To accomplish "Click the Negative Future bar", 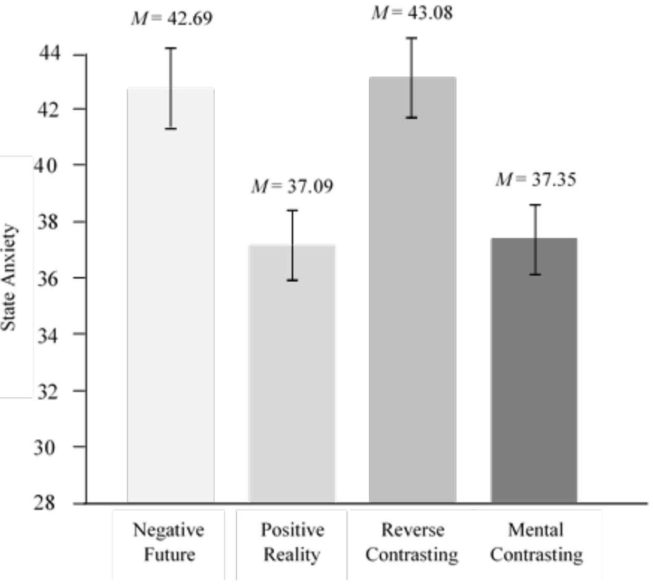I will tap(170, 295).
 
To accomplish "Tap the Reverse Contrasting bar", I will tap(412, 290).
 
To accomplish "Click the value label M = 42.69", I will tap(172, 18).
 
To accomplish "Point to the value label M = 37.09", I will tap(292, 186).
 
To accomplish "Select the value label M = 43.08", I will tap(412, 13).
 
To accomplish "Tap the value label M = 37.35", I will tap(536, 180).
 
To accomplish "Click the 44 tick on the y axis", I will tap(50, 53).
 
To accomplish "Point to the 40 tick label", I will tap(46, 165).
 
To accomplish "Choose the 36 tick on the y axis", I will tap(47, 278).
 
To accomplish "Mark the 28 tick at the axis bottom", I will tap(45, 503).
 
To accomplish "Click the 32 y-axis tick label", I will tap(47, 391).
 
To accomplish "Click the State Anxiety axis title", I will tap(9, 277).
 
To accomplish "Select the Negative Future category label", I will tap(169, 542).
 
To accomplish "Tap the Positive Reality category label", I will tap(292, 542).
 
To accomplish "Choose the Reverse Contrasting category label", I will tap(412, 542).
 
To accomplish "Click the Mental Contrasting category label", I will tap(536, 542).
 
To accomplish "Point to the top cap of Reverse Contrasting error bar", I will tap(411, 38).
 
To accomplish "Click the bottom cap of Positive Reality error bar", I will tap(292, 280).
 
